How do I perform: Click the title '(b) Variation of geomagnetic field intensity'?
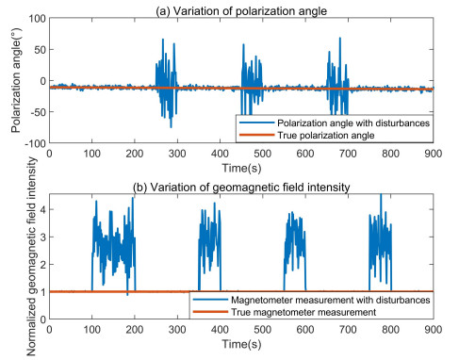tap(240, 186)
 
